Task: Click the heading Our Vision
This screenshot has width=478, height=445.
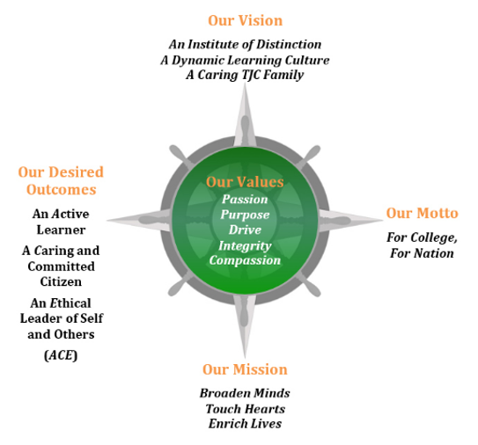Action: click(x=245, y=21)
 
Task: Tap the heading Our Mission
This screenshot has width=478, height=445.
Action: click(x=245, y=369)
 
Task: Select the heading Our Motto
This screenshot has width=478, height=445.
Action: click(x=423, y=213)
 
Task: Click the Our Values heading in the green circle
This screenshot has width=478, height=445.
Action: click(x=245, y=182)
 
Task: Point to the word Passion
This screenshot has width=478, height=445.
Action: click(x=245, y=200)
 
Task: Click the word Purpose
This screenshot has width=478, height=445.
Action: click(x=245, y=215)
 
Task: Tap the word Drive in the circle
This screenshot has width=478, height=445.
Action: click(x=245, y=230)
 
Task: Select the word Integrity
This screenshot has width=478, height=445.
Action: click(x=245, y=245)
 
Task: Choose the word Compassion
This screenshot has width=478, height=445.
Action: click(x=245, y=260)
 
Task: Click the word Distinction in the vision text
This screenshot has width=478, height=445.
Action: click(x=289, y=45)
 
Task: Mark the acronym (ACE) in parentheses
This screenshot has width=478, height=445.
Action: click(x=61, y=355)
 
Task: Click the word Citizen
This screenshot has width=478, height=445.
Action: click(x=61, y=281)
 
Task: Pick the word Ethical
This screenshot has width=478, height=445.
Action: click(x=70, y=303)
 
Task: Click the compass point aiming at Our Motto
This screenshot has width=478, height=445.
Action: click(x=350, y=220)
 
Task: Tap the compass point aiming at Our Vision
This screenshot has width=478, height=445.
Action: click(x=245, y=115)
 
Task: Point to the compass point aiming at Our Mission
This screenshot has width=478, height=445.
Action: click(x=245, y=326)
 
